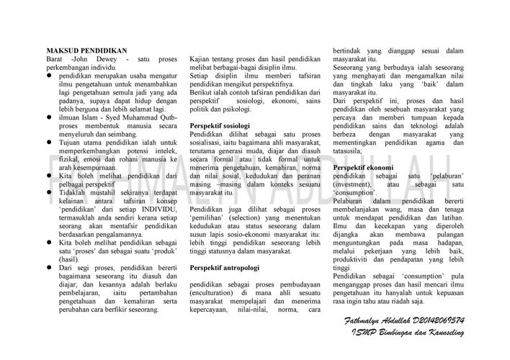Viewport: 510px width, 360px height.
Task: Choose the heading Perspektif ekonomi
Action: [x=362, y=167]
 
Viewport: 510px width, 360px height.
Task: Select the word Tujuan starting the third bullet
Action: [x=71, y=142]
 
